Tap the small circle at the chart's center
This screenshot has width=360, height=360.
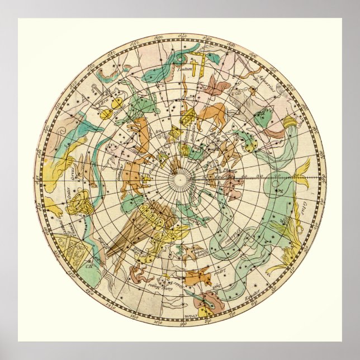click(180, 179)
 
